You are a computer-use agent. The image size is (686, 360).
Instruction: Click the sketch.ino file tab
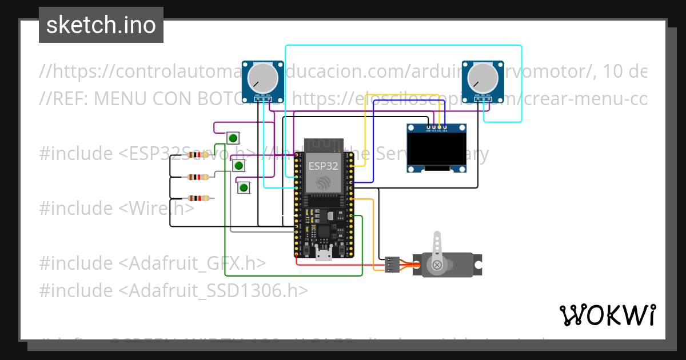(101, 25)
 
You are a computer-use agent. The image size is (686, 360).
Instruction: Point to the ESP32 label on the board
(323, 166)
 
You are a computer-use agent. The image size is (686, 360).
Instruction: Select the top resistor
(197, 155)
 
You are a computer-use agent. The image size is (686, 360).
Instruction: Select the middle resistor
(197, 177)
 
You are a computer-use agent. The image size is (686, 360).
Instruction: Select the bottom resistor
(197, 199)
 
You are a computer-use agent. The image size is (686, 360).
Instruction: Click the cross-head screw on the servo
(437, 265)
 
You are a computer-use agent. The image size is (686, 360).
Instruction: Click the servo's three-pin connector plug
(392, 265)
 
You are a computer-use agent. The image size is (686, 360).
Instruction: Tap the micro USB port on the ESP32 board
(324, 254)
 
